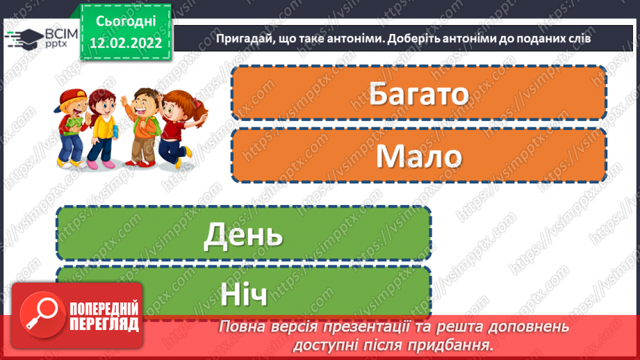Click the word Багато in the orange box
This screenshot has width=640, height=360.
pos(418,94)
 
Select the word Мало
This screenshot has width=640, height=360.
pos(418,157)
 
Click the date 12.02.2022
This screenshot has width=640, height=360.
pos(125,42)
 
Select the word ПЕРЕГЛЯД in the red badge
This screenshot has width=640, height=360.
pos(104,323)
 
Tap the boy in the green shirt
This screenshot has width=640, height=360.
pos(144,125)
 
